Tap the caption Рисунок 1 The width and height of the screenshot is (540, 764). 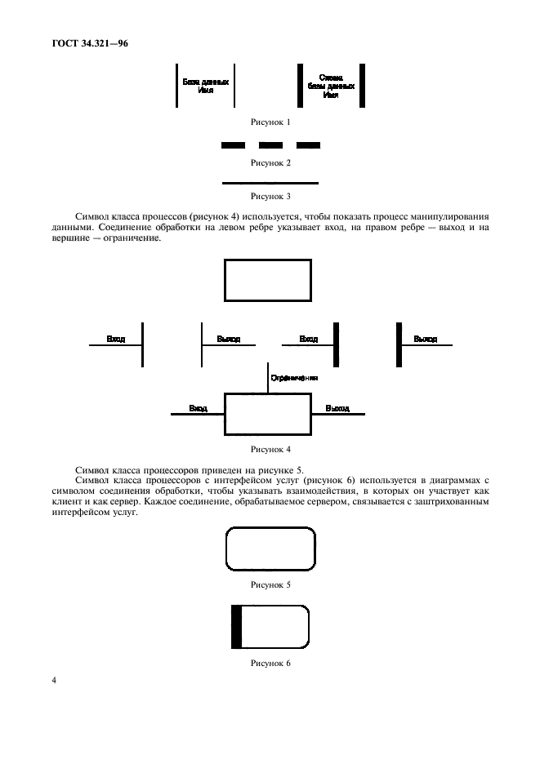270,122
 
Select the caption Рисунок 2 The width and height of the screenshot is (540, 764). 270,162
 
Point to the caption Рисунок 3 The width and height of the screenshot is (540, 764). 270,196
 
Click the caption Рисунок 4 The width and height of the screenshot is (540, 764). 270,449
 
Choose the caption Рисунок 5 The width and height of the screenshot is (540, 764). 270,584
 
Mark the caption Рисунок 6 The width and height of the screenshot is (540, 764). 270,664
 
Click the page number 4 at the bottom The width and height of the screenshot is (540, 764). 54,679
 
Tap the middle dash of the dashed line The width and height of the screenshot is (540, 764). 270,145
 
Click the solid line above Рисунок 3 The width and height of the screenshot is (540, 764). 270,183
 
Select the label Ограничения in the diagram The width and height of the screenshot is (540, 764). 294,378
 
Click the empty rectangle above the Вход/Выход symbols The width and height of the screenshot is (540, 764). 268,281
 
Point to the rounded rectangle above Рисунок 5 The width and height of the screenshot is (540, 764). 270,549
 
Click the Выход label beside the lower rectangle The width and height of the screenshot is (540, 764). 337,408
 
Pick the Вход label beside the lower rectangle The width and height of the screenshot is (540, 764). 198,408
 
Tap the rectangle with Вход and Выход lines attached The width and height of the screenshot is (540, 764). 268,415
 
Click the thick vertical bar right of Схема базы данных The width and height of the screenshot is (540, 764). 362,85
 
